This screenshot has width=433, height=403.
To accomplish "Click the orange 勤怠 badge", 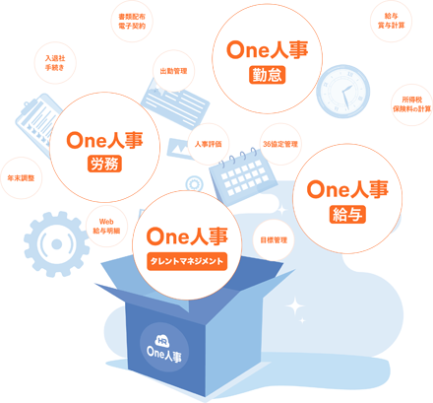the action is point(267,75).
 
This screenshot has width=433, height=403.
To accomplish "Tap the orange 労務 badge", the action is point(104,164).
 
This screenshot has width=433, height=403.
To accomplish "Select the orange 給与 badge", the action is point(347,215).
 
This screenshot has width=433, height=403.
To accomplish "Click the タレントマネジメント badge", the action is point(187,261).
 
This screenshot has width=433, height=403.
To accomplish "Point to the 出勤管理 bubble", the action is point(173,71).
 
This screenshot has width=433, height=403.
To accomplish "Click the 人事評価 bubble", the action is point(209,144).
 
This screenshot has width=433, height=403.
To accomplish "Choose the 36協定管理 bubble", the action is point(280,144).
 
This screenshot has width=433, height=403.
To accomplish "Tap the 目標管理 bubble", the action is point(274,240).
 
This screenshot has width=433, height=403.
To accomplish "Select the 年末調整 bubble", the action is point(21,178).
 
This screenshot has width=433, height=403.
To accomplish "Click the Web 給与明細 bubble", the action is point(106,226).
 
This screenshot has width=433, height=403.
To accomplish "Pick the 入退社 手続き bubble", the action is point(55,63).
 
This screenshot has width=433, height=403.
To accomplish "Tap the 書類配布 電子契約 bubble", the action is point(132,21).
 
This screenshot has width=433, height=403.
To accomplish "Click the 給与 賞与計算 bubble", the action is point(391,21).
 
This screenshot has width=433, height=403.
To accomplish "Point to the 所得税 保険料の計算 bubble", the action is point(412,104).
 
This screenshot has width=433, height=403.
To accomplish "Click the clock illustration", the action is point(342,92).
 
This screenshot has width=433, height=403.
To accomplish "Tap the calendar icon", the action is point(243,176).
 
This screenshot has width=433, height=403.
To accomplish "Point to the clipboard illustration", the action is point(36,123).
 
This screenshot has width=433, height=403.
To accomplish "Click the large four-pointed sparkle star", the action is point(295,306).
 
